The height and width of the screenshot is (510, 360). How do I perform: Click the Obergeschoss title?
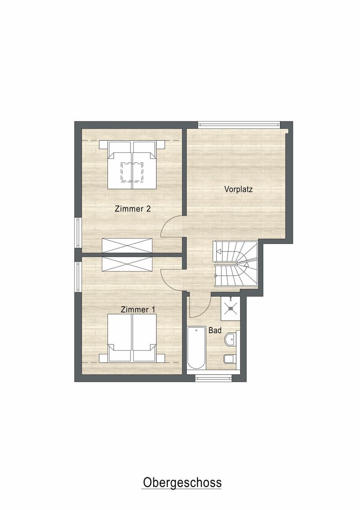182,483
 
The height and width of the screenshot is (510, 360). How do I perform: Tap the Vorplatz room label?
238,189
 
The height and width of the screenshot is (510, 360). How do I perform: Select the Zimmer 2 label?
133,209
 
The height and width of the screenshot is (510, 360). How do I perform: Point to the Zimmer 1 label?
138,309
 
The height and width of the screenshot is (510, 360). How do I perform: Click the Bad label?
215,331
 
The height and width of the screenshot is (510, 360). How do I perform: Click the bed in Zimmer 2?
132,165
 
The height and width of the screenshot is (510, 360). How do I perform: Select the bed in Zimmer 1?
132,338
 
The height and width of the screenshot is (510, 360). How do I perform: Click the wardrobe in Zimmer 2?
127,245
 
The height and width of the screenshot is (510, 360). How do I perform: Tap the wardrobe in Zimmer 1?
127,264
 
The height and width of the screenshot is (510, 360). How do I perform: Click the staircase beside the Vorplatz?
235,264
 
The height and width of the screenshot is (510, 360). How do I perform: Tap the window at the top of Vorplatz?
239,124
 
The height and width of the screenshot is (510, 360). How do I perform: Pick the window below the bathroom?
213,378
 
